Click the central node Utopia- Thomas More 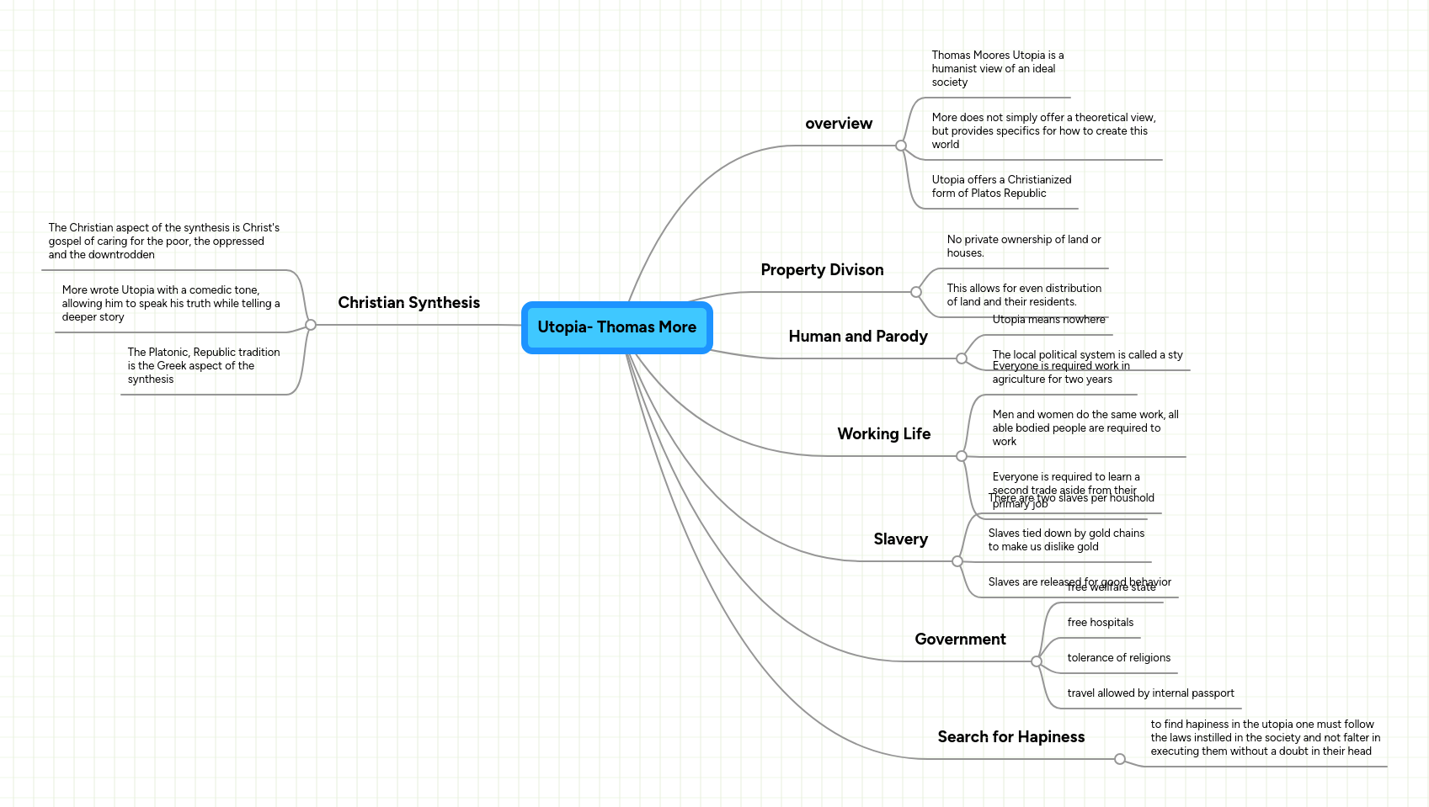[x=616, y=327]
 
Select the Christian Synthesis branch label [x=408, y=303]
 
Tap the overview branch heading [x=838, y=124]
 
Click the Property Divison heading [x=822, y=270]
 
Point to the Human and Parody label [x=857, y=337]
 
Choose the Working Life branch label [x=883, y=434]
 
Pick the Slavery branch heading [x=900, y=539]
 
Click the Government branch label [x=960, y=640]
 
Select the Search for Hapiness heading [x=1010, y=737]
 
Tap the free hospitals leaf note [x=1100, y=623]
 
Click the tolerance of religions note [x=1118, y=658]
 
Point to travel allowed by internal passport [x=1150, y=693]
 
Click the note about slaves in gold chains [x=1065, y=540]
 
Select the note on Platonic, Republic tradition [x=203, y=366]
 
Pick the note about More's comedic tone [x=170, y=304]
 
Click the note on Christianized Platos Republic [x=1000, y=187]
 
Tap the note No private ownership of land [x=1023, y=247]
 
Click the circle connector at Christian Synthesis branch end [x=311, y=325]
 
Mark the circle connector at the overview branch [x=901, y=146]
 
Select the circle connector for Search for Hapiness [x=1120, y=759]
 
